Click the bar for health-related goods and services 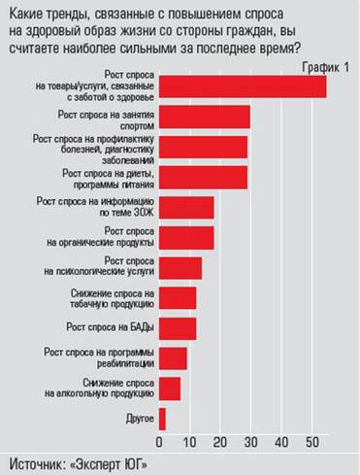pyautogui.click(x=242, y=87)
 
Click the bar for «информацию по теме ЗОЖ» pyautogui.click(x=185, y=208)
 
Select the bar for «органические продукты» pyautogui.click(x=185, y=238)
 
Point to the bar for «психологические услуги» pyautogui.click(x=180, y=268)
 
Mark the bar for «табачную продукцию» pyautogui.click(x=177, y=298)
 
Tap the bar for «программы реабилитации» pyautogui.click(x=172, y=358)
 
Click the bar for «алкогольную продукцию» pyautogui.click(x=169, y=389)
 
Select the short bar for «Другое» pyautogui.click(x=161, y=419)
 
